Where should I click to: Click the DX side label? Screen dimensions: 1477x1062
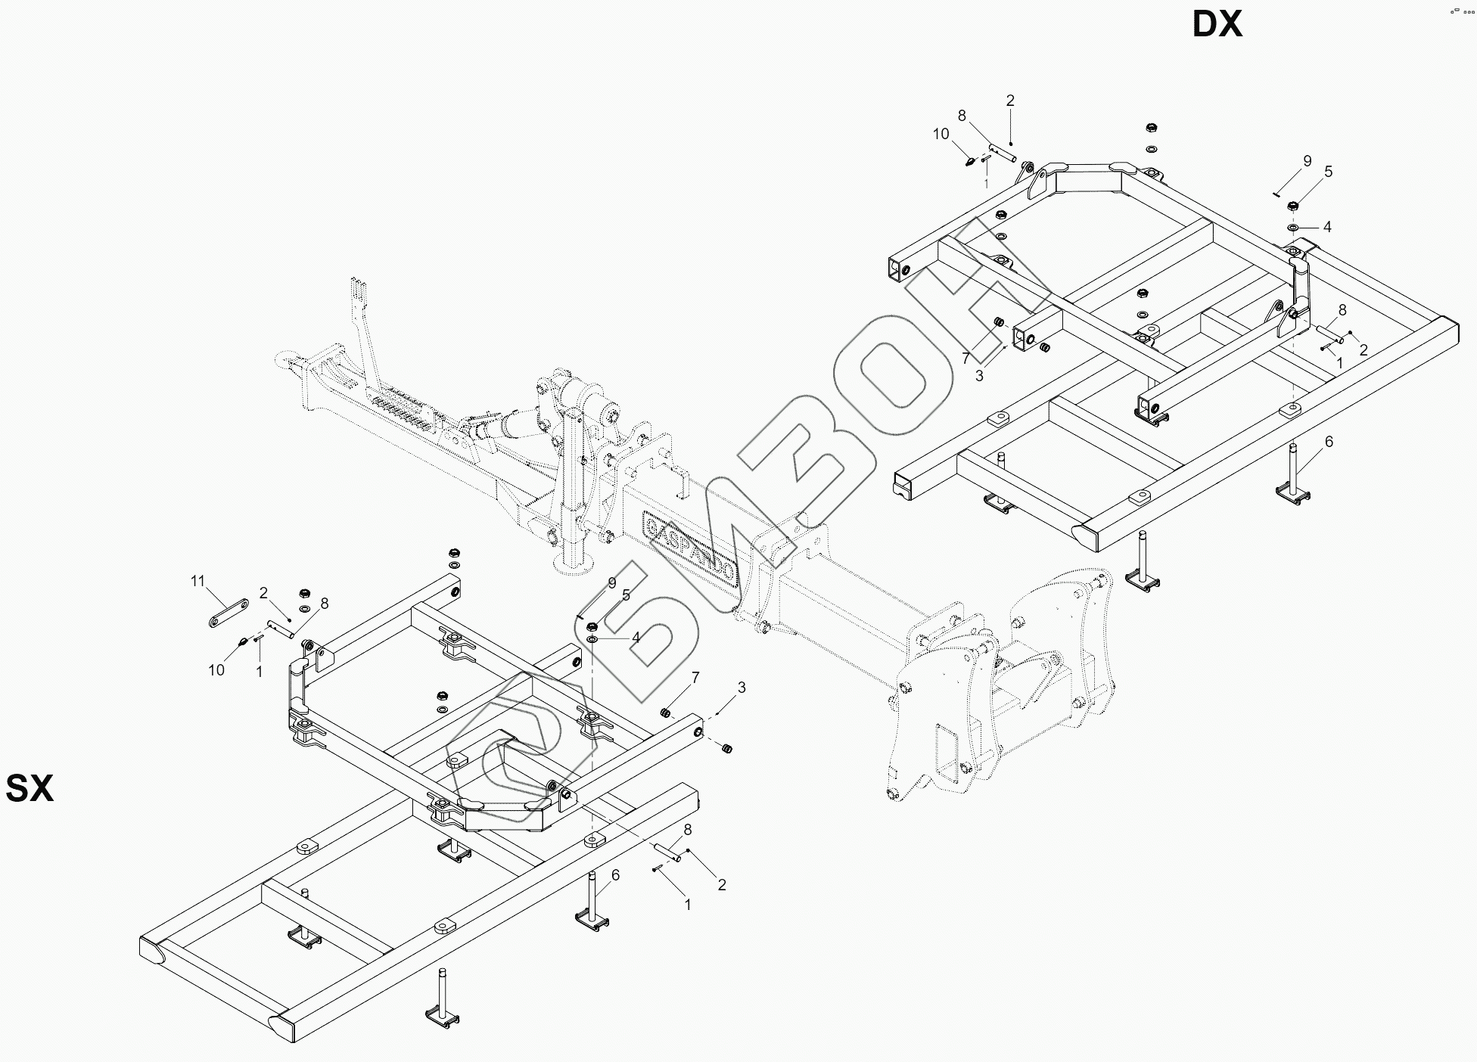click(x=1217, y=25)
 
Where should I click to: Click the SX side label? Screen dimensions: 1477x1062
click(x=30, y=788)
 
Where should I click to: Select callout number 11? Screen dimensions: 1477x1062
click(x=197, y=581)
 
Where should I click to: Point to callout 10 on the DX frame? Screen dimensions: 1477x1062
click(x=941, y=134)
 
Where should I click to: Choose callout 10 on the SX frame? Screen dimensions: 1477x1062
click(x=216, y=669)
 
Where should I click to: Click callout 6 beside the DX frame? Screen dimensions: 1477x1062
click(x=1329, y=442)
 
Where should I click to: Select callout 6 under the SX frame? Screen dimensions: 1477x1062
click(x=615, y=875)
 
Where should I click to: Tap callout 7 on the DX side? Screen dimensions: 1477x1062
click(x=965, y=358)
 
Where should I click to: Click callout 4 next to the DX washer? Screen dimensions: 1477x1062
click(x=1326, y=227)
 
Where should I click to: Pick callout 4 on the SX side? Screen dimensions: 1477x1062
click(x=636, y=638)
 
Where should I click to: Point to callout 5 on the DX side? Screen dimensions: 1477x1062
click(x=1328, y=172)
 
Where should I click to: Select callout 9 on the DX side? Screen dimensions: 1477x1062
click(x=1307, y=160)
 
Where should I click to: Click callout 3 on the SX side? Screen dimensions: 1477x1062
click(x=742, y=687)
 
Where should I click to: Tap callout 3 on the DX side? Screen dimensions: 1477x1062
click(x=979, y=376)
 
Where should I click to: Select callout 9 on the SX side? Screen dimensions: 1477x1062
click(x=612, y=582)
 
